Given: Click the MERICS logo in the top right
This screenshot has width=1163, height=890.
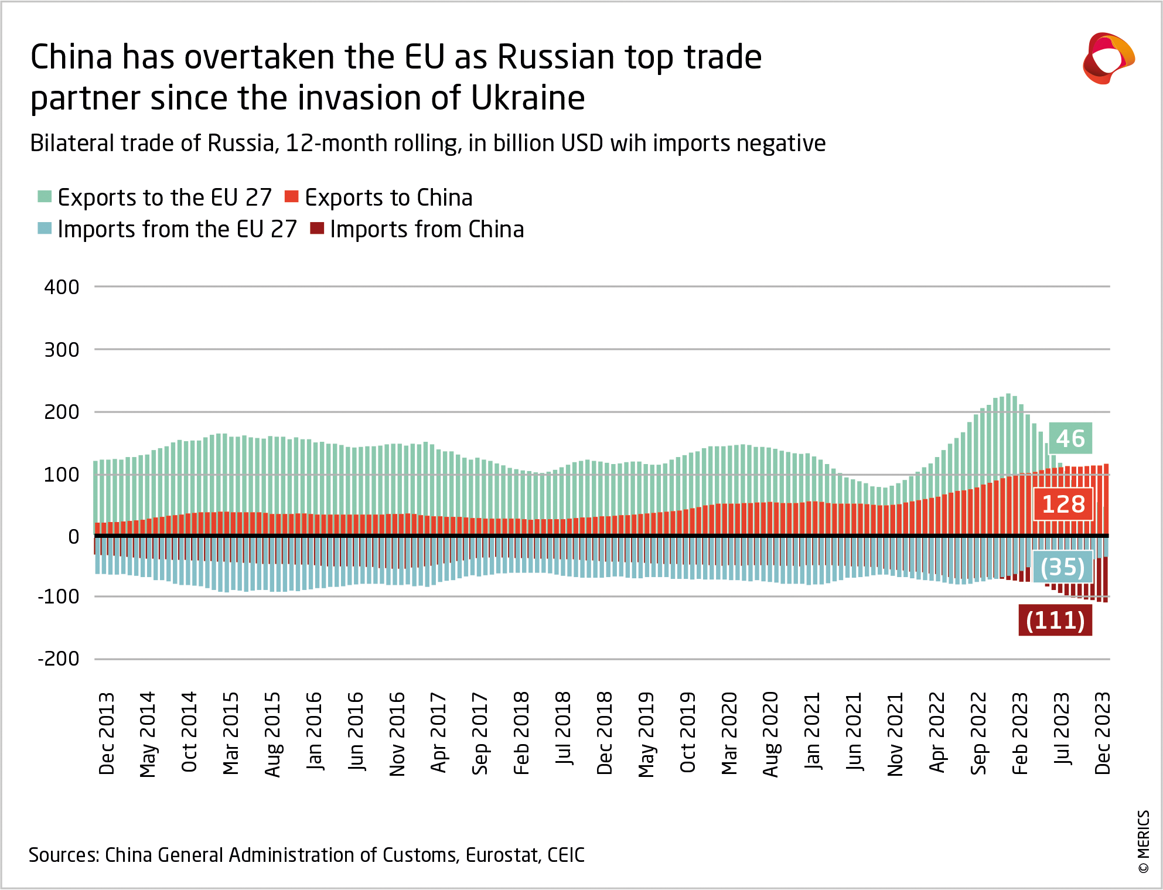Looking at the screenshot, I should [x=1108, y=58].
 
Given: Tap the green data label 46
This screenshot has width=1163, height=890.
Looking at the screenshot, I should [x=1070, y=438].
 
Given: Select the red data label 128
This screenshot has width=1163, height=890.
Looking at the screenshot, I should [x=1063, y=504].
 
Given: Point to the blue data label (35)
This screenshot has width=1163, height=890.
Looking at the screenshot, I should [x=1062, y=567].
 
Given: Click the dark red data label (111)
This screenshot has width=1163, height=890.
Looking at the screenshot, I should [x=1055, y=620].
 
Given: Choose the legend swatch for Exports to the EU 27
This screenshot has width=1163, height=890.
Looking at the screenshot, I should [x=45, y=196].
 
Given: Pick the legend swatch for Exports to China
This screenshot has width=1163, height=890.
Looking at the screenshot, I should [x=291, y=196].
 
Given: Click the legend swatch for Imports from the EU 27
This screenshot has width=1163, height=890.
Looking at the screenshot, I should [x=45, y=228].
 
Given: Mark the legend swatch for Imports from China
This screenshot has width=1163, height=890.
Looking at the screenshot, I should [x=317, y=228].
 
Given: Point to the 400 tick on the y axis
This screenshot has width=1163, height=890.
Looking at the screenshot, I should [x=62, y=287].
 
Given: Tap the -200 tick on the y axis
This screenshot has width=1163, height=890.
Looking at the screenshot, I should [x=59, y=659].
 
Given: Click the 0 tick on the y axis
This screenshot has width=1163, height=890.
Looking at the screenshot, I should [x=73, y=536].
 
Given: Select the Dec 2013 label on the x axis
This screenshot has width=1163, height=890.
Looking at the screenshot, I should [x=107, y=733].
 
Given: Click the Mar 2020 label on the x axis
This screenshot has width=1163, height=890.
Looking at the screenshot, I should [x=729, y=733].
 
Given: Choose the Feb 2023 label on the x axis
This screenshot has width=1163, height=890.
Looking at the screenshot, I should [x=1019, y=733].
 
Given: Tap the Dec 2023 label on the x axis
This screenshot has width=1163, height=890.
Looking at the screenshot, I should [x=1102, y=733].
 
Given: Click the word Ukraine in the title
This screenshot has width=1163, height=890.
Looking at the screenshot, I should [x=528, y=97].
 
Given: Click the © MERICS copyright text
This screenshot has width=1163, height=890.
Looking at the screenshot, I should [x=1144, y=841].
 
